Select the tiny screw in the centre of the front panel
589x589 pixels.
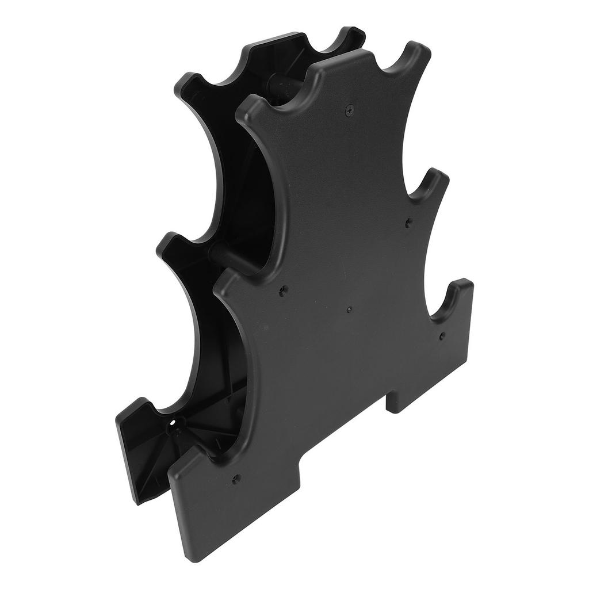click(349, 309)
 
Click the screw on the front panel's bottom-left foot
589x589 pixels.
click(235, 479)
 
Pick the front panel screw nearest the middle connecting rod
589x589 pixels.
click(282, 291)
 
